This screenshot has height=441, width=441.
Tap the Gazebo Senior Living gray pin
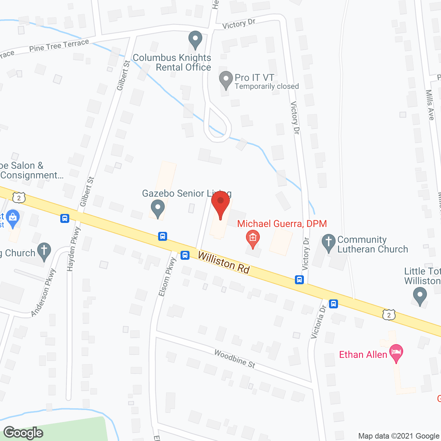[x=158, y=208]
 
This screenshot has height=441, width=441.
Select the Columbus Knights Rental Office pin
[x=195, y=39]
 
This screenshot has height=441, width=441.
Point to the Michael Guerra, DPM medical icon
[x=253, y=238]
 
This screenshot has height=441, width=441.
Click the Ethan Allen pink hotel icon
[x=396, y=353]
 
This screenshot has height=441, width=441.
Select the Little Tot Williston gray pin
[x=420, y=296]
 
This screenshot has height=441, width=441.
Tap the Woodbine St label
[x=235, y=359]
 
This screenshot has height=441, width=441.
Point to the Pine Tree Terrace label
[x=59, y=45]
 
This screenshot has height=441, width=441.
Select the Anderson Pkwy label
[x=43, y=293]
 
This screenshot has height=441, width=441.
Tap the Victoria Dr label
[x=318, y=322]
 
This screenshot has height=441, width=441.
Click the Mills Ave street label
[x=430, y=105]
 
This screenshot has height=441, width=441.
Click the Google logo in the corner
[x=23, y=432]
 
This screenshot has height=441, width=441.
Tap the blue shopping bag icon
[x=13, y=218]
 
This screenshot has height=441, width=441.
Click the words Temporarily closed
[x=267, y=86]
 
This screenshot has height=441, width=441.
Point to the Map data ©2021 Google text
[x=399, y=436]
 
